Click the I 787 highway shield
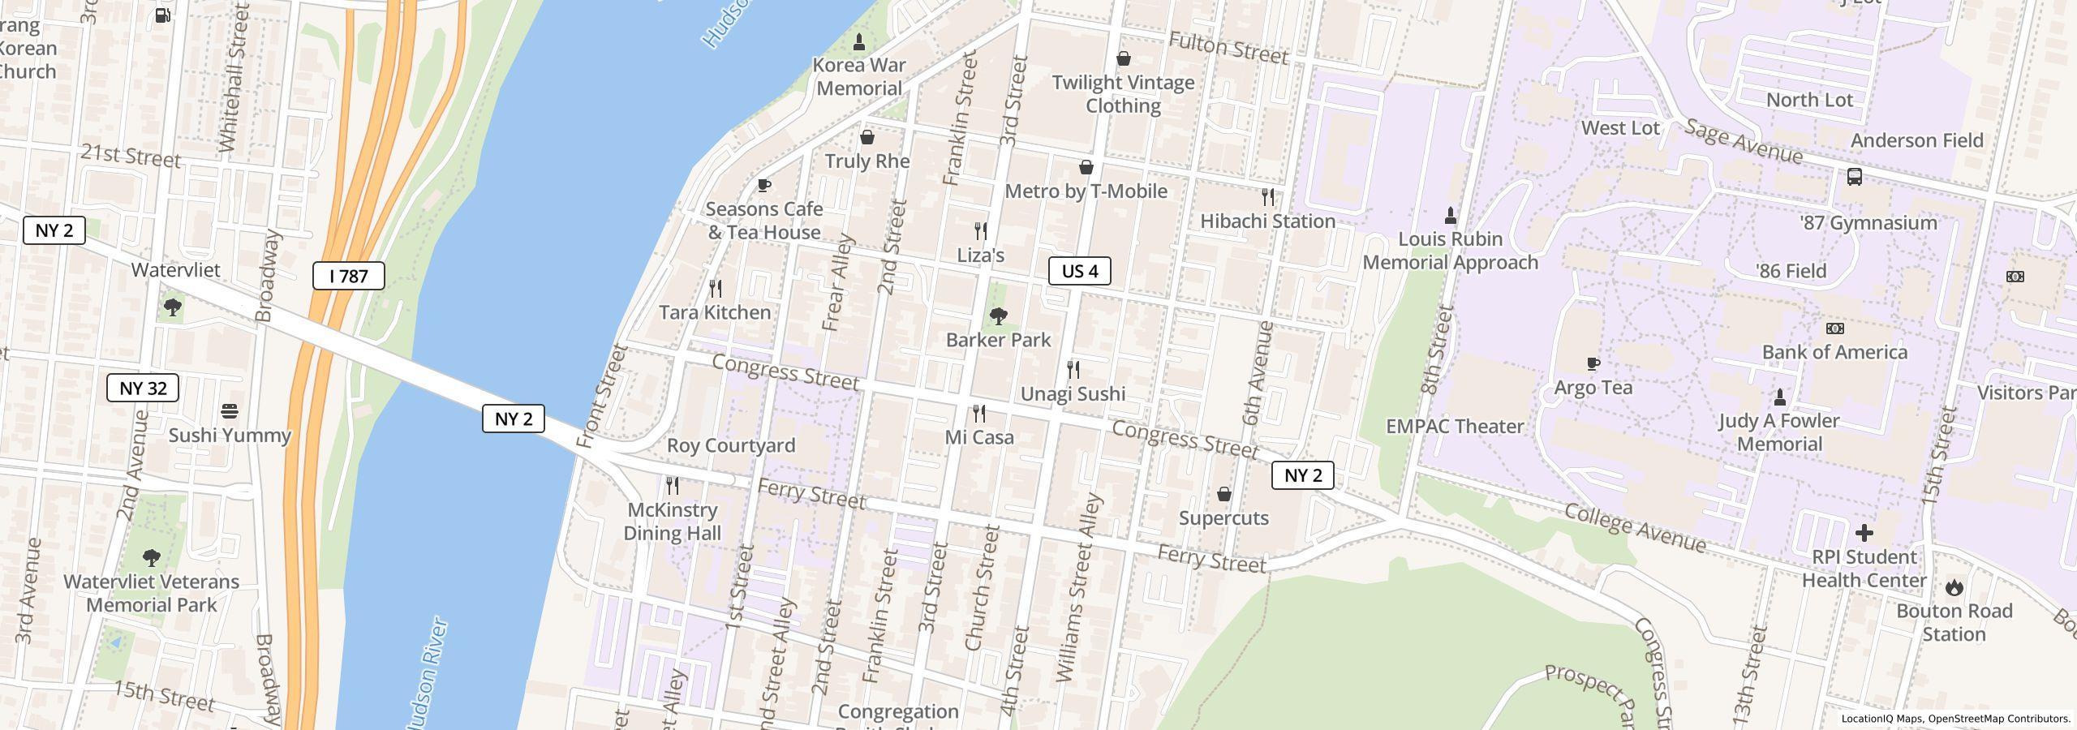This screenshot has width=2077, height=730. pos(349,277)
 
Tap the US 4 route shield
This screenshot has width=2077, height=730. pos(1080,271)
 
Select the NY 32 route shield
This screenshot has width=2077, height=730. pos(143,389)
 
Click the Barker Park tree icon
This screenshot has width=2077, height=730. pos(999,316)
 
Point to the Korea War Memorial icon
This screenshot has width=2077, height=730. pos(859,41)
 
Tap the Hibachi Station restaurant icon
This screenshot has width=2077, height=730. pos(1268,197)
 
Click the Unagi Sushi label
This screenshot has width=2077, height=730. pos(1073,394)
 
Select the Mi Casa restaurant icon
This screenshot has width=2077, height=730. pos(979,414)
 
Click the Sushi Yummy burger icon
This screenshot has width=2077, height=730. pos(230,411)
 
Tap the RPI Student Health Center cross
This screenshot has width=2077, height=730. pos(1864,533)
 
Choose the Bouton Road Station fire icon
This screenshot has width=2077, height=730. pos(1954,587)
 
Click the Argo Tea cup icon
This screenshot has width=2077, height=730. pos(1593,364)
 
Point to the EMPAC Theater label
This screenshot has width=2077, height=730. pos(1455,427)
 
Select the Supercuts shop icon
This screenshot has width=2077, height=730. pos(1224,494)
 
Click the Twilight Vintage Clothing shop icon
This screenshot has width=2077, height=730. pos(1124,58)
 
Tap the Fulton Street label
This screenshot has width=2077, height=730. pos(1228,49)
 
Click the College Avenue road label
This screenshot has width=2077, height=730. pos(1634,528)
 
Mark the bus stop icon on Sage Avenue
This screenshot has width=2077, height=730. pos(1855,177)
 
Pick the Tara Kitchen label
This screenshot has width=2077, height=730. pos(715,313)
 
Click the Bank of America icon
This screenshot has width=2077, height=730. pos(1834,328)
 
